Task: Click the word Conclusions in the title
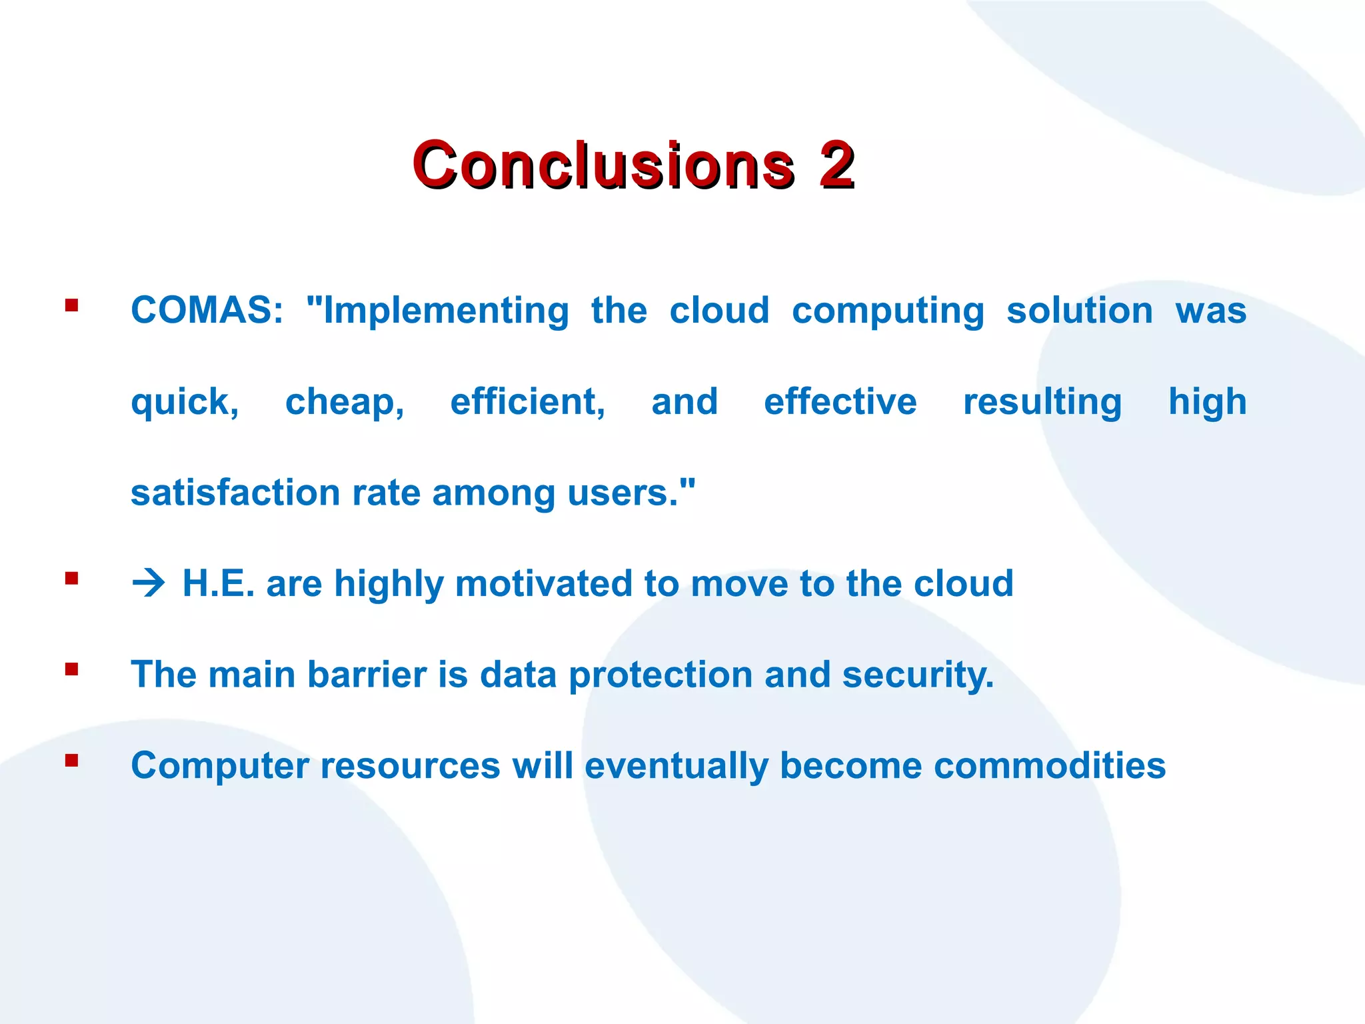pos(603,165)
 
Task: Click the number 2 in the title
pos(837,165)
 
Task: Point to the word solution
pos(1079,311)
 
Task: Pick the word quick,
pos(185,403)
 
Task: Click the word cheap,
pos(345,403)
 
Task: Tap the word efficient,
pos(528,402)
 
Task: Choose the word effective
pos(840,401)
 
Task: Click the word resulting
pos(1042,403)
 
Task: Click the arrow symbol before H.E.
pos(148,584)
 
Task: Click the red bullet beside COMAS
pos(72,306)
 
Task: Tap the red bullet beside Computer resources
pos(72,761)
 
